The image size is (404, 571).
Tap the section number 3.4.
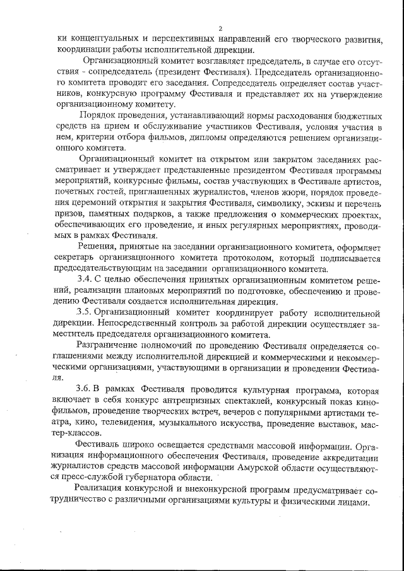pyautogui.click(x=85, y=278)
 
